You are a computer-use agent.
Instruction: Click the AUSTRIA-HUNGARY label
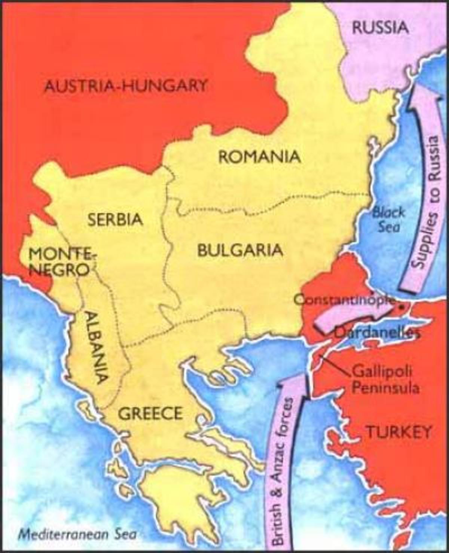pos(125,86)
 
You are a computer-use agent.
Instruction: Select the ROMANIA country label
pos(260,156)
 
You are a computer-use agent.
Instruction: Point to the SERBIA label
pos(115,219)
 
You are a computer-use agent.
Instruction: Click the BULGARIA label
pos(240,250)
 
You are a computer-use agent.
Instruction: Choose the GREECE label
pos(150,414)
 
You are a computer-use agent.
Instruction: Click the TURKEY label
pos(398,432)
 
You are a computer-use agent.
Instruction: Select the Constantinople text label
pos(344,299)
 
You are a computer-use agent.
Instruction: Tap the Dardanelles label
pos(374,332)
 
